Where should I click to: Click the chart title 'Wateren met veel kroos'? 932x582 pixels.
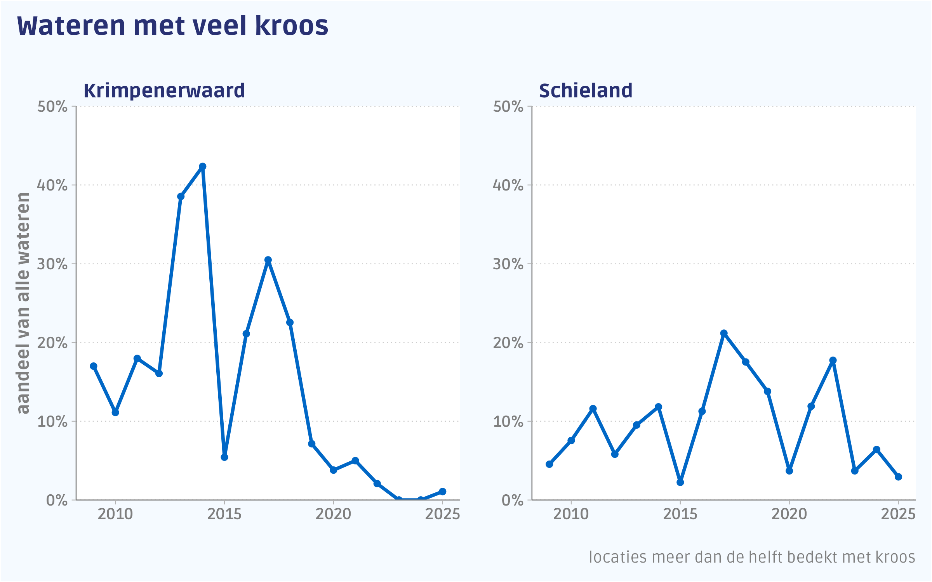pyautogui.click(x=172, y=26)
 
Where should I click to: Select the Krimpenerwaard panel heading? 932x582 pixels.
pyautogui.click(x=164, y=91)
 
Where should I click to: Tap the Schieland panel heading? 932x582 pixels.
pyautogui.click(x=586, y=91)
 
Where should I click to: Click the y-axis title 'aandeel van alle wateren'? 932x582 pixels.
pyautogui.click(x=23, y=303)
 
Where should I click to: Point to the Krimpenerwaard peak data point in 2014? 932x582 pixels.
pyautogui.click(x=203, y=166)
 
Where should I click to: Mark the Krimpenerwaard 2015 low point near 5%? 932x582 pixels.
pyautogui.click(x=224, y=457)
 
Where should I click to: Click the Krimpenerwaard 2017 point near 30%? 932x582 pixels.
pyautogui.click(x=268, y=260)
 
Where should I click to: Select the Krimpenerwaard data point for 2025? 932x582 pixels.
pyautogui.click(x=442, y=492)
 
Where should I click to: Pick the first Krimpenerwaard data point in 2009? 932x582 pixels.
pyautogui.click(x=94, y=366)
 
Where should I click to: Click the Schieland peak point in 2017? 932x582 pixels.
pyautogui.click(x=724, y=333)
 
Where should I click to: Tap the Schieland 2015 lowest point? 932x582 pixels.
pyautogui.click(x=680, y=482)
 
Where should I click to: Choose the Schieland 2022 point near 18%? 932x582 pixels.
pyautogui.click(x=833, y=360)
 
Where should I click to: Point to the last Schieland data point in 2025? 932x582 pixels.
pyautogui.click(x=898, y=477)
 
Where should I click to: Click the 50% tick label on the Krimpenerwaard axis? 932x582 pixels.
pyautogui.click(x=52, y=107)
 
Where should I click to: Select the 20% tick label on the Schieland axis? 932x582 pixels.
pyautogui.click(x=508, y=343)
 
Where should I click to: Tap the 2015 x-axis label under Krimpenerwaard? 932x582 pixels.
pyautogui.click(x=224, y=514)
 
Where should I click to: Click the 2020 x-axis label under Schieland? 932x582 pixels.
pyautogui.click(x=789, y=514)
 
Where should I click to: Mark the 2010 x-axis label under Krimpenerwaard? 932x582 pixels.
pyautogui.click(x=115, y=514)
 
